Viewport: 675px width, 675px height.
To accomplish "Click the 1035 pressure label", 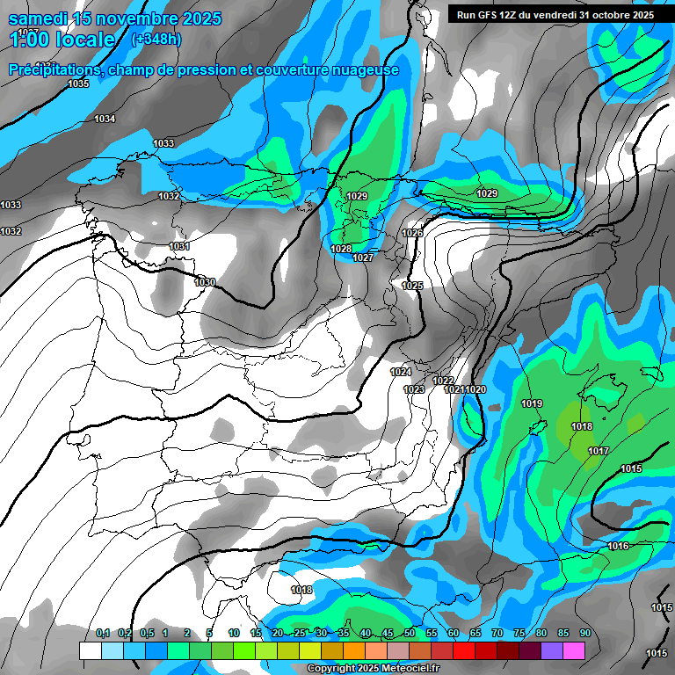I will (x=78, y=83).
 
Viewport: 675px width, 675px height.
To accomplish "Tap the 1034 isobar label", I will (x=105, y=119).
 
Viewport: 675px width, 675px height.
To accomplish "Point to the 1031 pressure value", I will (x=179, y=247).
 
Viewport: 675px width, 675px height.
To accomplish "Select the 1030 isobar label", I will (x=205, y=282).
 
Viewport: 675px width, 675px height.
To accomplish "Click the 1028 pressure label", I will (x=341, y=250).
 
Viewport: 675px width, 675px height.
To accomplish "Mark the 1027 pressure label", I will (x=363, y=258).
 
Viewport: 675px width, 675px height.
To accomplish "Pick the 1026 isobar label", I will (x=412, y=233).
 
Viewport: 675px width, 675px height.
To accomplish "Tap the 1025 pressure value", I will (x=412, y=287).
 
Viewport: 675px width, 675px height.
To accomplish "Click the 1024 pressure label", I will (x=401, y=373).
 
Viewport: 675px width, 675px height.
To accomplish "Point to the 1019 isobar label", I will (x=532, y=404).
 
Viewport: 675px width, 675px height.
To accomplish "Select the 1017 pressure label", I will (x=599, y=451).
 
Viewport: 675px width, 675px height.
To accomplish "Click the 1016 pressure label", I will (x=618, y=547).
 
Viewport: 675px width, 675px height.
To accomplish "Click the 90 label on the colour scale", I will (x=584, y=634).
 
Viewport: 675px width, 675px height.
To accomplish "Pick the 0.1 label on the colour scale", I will (x=103, y=634).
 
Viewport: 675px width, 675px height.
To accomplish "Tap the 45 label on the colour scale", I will (x=388, y=634).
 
